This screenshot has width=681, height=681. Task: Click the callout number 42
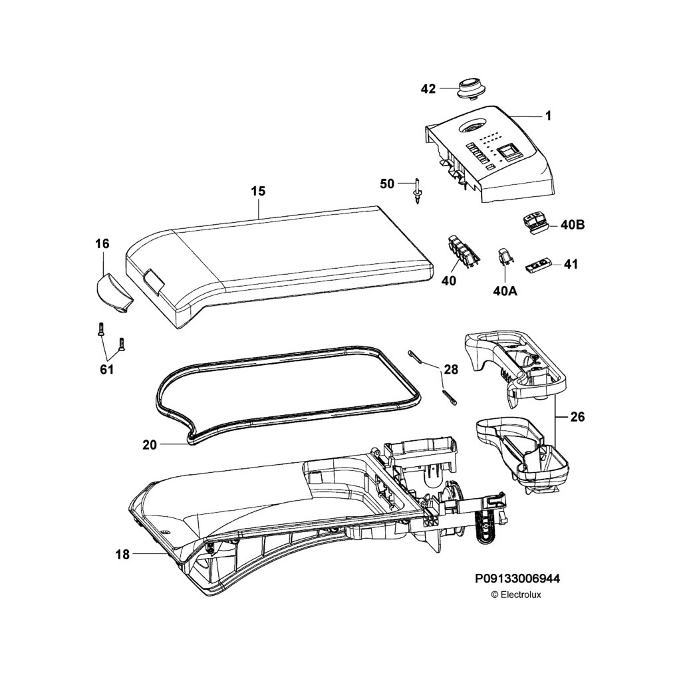tap(428, 88)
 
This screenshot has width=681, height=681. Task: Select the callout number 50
tap(387, 184)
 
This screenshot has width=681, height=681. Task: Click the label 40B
tap(572, 225)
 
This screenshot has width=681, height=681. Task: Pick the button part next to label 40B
tap(536, 223)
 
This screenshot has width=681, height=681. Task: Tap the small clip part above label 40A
tap(504, 256)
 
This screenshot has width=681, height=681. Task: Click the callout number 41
tap(571, 264)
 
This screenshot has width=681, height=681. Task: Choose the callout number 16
tap(102, 243)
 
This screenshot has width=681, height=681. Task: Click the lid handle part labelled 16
tap(112, 293)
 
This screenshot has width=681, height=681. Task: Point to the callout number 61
tap(107, 369)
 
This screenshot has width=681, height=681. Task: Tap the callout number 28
tap(451, 369)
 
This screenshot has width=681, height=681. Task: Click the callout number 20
tap(150, 445)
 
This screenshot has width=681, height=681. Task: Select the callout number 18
tap(122, 553)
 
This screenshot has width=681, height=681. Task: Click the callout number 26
tap(577, 418)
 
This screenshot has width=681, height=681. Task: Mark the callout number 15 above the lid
tap(258, 191)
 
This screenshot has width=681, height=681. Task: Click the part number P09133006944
tap(517, 580)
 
